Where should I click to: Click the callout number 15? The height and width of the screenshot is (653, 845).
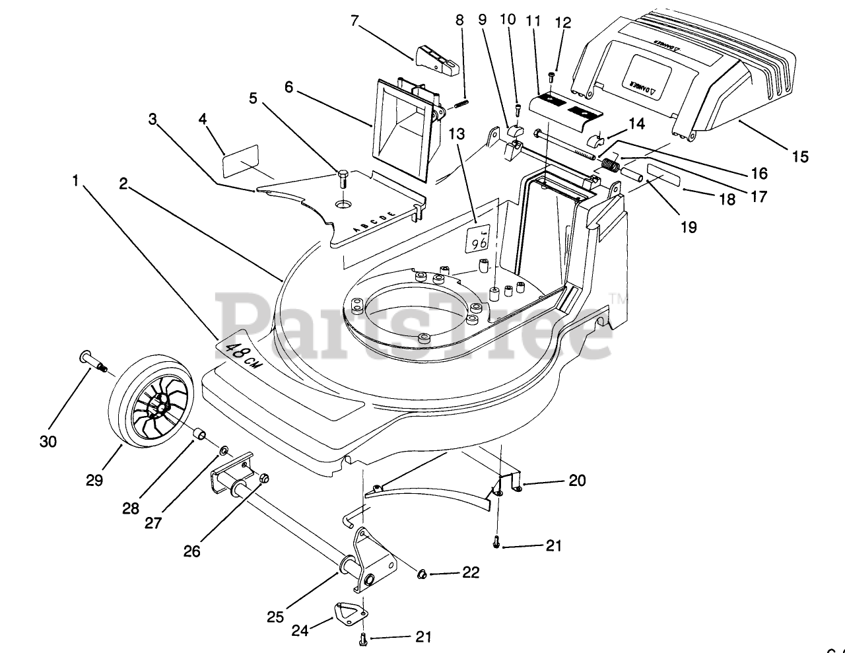point(800,156)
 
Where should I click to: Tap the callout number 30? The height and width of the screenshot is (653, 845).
point(48,442)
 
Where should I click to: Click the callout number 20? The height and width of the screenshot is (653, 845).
point(577,481)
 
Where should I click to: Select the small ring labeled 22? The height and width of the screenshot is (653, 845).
point(418,571)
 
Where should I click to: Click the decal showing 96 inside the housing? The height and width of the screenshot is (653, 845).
point(477,240)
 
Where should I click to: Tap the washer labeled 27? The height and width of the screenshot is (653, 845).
point(224,451)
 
